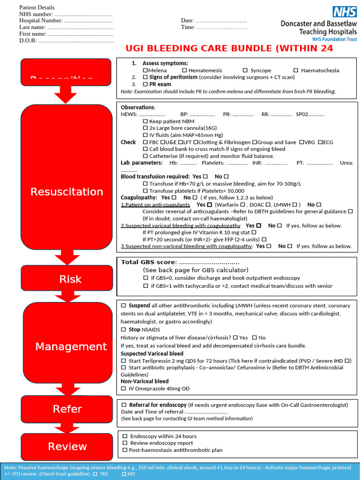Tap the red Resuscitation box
click(67, 191)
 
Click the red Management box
click(71, 346)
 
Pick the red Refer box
click(67, 409)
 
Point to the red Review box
click(67, 446)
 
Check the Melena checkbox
click(145, 70)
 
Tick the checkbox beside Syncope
click(245, 70)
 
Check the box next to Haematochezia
click(296, 70)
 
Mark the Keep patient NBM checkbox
click(145, 121)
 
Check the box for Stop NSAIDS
click(123, 330)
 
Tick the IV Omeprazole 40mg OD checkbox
click(123, 389)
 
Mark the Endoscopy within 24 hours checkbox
click(125, 436)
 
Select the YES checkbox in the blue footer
click(95, 474)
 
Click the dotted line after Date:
click(221, 21)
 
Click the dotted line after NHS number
click(82, 14)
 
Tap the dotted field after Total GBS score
click(209, 262)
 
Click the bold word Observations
click(137, 107)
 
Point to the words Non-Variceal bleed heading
click(145, 382)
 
